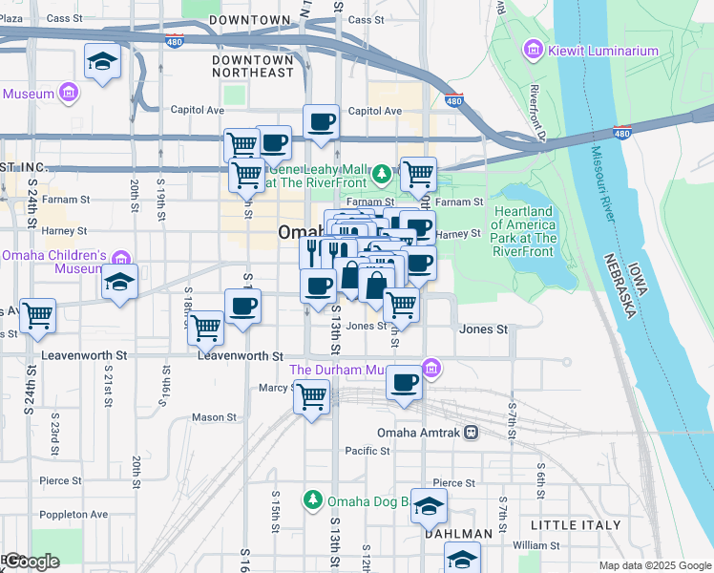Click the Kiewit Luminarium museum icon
[534, 50]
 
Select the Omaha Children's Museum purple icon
[121, 259]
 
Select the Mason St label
[214, 417]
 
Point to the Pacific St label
[362, 451]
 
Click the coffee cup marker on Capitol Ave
[321, 122]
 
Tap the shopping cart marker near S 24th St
[37, 314]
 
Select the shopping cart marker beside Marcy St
[311, 395]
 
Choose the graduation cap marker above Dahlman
[429, 506]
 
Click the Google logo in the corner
[31, 562]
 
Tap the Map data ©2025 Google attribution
[654, 565]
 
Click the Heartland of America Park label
[523, 231]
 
